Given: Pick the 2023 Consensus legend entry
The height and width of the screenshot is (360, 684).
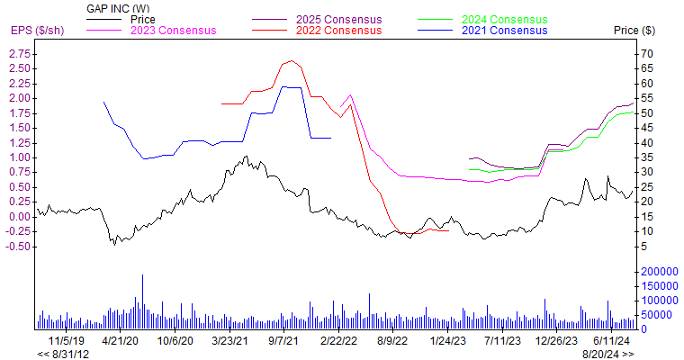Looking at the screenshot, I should (174, 31).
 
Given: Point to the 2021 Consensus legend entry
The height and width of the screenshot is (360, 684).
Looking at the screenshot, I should (503, 31).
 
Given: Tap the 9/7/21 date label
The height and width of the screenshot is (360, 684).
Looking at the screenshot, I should (284, 341).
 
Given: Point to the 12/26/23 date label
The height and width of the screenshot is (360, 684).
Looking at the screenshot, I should (555, 341).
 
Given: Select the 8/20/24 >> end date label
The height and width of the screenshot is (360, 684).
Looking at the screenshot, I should (607, 354).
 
